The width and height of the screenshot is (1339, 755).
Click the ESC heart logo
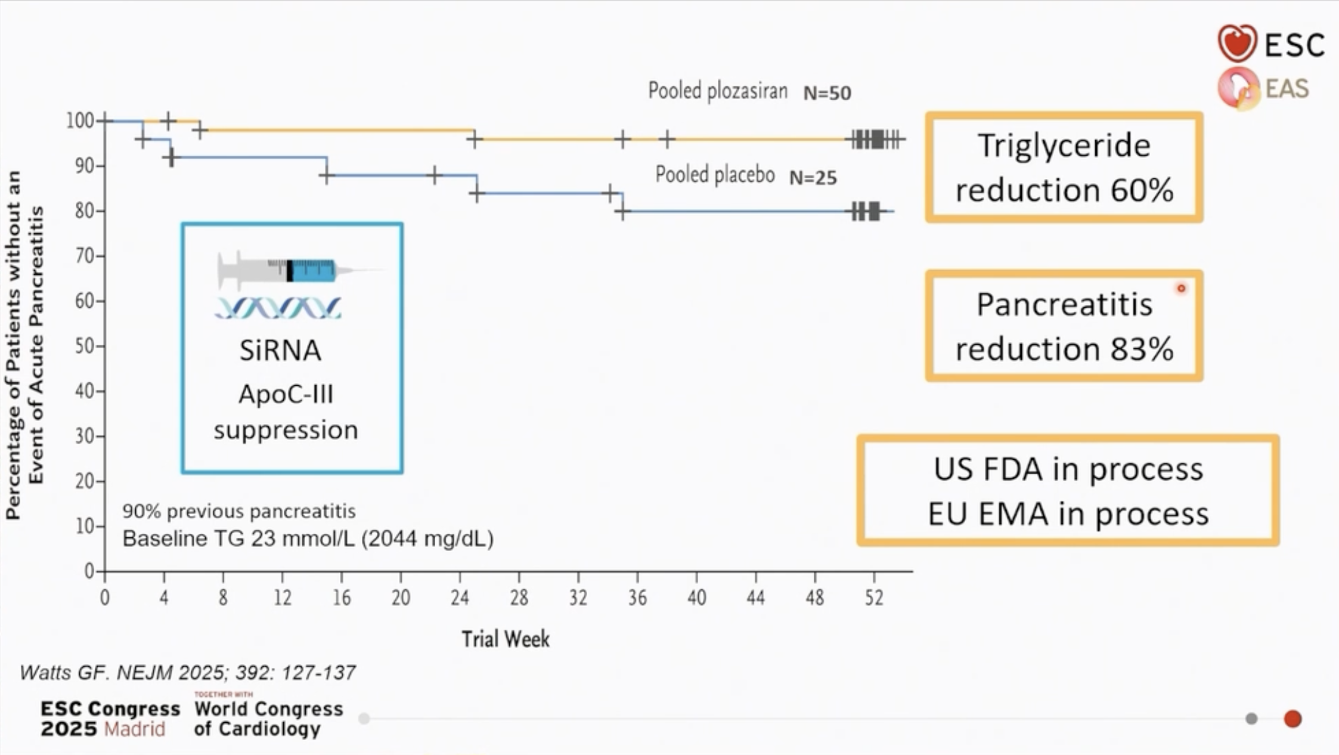point(1237,43)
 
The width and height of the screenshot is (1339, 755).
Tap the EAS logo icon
point(1238,88)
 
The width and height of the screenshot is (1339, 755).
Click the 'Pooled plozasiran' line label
point(718,91)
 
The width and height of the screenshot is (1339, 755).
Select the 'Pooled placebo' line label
point(715,175)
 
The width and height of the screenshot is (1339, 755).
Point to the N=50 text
point(827,93)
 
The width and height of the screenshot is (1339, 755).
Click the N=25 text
point(813,178)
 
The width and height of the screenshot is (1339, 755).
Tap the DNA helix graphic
point(278,308)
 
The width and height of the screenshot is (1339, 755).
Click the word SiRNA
point(280,351)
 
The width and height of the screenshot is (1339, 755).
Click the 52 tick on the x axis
point(873,598)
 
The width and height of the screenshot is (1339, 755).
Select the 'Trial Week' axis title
point(506,639)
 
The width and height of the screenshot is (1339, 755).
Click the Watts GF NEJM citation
point(187,673)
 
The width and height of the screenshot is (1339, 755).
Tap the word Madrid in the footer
point(134,729)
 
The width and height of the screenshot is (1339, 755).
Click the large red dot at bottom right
point(1292,719)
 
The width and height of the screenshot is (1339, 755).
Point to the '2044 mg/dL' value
point(427,539)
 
